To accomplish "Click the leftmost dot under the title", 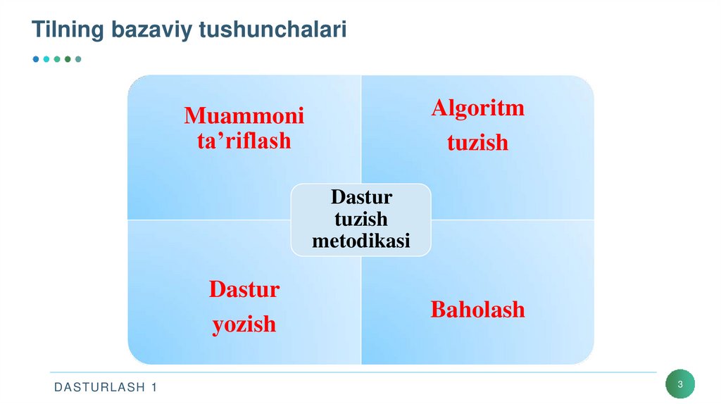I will click(x=36, y=59).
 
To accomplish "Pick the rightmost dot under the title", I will click(x=78, y=59).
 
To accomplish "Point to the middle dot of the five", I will click(x=57, y=59).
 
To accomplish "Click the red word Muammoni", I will click(x=244, y=115).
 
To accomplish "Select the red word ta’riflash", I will click(x=244, y=141).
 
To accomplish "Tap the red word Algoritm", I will click(x=477, y=108).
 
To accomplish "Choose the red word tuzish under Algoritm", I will click(x=477, y=143).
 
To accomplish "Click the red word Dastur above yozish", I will click(x=244, y=290).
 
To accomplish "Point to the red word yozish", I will click(x=244, y=324).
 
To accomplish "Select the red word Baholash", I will click(x=477, y=310).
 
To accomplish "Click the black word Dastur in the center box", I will click(x=361, y=196).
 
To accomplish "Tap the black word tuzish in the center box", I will click(x=361, y=219).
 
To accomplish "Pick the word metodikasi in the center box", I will click(x=361, y=241).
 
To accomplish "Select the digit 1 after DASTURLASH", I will click(x=153, y=388).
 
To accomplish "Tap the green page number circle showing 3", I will click(x=680, y=384).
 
